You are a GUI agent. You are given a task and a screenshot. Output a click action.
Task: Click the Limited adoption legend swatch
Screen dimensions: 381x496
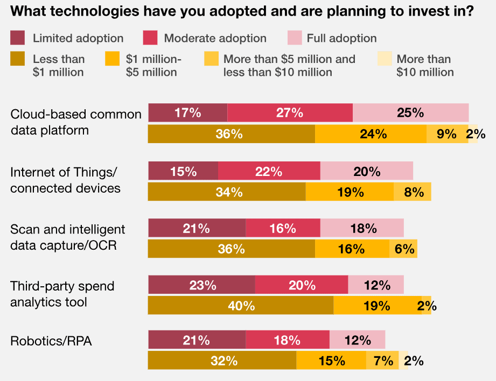pos(18,38)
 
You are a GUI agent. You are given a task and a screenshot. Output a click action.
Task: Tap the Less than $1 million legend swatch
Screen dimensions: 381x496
pos(18,59)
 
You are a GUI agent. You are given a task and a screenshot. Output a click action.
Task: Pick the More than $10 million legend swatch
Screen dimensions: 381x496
pos(385,59)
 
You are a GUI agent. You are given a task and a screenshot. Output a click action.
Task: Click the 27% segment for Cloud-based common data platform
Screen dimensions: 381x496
pos(290,112)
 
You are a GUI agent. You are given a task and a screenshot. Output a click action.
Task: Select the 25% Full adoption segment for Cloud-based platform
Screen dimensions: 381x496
pos(410,112)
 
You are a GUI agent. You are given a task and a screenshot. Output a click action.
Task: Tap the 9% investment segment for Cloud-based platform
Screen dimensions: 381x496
pos(447,134)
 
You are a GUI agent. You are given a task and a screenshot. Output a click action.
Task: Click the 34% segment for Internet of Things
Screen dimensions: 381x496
pos(227,192)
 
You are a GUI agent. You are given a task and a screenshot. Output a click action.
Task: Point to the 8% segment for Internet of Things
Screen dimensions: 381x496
pos(413,192)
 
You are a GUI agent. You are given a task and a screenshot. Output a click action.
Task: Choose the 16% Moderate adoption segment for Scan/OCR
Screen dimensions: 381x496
pos(283,228)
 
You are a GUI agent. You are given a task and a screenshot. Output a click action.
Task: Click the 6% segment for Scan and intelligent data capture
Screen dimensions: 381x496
pos(403,249)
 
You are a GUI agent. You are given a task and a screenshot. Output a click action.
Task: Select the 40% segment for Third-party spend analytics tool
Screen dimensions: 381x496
pos(241,306)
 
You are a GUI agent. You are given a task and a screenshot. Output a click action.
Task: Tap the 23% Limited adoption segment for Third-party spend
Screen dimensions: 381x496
pos(201,285)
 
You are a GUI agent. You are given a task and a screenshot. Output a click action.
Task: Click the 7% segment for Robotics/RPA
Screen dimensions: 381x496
pos(382,361)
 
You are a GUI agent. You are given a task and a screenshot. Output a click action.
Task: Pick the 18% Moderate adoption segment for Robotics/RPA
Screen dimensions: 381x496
pos(288,340)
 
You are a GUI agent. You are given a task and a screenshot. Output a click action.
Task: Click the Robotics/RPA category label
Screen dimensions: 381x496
pos(51,341)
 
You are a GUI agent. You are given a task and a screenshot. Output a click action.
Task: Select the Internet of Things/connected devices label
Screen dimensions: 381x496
pos(65,180)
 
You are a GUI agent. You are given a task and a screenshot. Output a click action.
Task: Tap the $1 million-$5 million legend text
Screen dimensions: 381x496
pos(153,65)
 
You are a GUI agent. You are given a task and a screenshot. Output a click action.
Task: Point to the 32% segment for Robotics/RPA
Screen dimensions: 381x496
pos(222,361)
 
